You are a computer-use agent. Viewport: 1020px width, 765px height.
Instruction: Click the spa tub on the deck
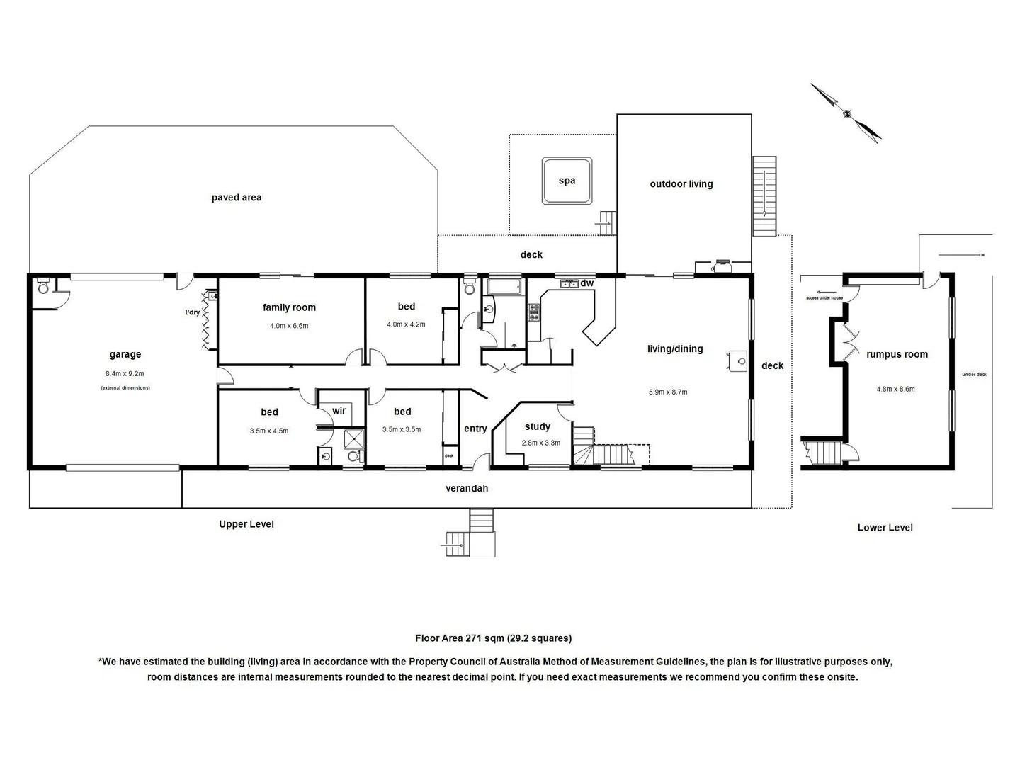[x=567, y=181]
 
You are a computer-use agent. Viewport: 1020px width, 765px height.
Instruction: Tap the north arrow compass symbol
[x=846, y=113]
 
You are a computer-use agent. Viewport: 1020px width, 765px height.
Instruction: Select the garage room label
[x=125, y=355]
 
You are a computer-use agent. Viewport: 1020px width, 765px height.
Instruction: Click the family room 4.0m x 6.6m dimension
[x=289, y=326]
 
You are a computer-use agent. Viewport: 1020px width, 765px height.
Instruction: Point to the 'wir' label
[x=339, y=411]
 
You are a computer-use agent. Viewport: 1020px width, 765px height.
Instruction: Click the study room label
[x=538, y=426]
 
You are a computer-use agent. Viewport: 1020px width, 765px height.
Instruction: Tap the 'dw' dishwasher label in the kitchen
[x=587, y=283]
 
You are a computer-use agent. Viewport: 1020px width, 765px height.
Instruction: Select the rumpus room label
[x=897, y=355]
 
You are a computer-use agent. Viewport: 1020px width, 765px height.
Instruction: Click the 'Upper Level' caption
[x=246, y=524]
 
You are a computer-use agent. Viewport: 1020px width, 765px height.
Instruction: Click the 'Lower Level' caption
[x=885, y=528]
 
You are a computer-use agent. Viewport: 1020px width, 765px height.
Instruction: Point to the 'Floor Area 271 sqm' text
[x=493, y=638]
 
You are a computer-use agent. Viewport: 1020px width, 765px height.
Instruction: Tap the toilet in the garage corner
[x=43, y=287]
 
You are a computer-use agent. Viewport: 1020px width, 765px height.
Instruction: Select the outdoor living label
[x=681, y=184]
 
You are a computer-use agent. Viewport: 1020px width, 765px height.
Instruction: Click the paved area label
[x=237, y=198]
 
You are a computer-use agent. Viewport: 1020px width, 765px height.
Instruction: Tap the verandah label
[x=467, y=489]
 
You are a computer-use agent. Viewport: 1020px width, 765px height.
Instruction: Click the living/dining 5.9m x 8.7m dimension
[x=668, y=392]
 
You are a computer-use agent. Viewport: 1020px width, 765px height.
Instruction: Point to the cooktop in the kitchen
[x=534, y=312]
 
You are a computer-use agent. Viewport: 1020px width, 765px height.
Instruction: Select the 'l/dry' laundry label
[x=192, y=312]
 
